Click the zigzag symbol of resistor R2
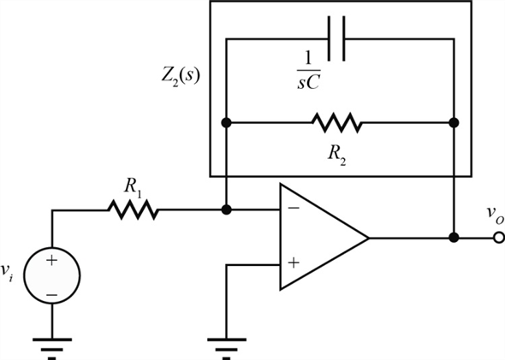pos(337,123)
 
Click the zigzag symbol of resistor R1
pos(132,210)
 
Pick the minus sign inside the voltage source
pos(52,293)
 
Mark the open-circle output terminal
pos(498,238)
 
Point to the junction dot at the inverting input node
pos(226,210)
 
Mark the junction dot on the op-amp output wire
pos(454,238)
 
